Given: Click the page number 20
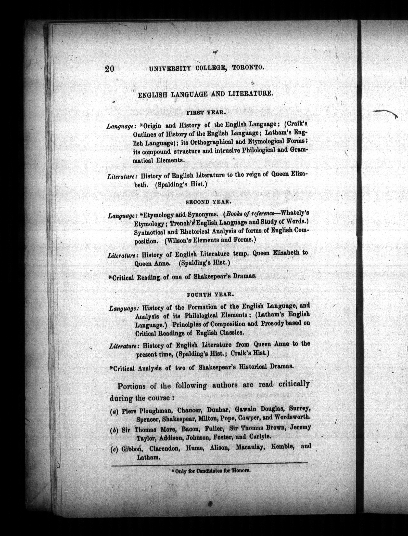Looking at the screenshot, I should (x=110, y=69).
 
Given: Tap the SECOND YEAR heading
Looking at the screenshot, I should (x=209, y=202).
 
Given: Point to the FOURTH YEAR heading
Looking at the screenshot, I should (x=210, y=295).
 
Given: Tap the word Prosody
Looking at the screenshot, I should (x=273, y=323).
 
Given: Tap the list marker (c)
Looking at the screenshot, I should (x=114, y=450).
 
